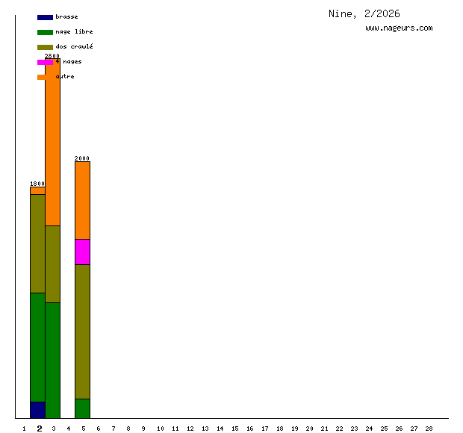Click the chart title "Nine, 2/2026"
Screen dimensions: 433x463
[x=364, y=13]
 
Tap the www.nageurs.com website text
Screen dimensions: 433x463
[x=399, y=28]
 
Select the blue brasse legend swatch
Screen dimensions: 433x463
[x=45, y=17]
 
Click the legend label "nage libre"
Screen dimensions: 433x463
[x=74, y=32]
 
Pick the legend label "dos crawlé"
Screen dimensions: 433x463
[x=74, y=47]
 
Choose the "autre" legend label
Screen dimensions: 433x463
[x=65, y=77]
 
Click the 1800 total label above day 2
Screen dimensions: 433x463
[x=37, y=184]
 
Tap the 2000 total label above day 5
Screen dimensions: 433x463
[x=82, y=158]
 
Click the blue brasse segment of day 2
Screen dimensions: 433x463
[x=37, y=410]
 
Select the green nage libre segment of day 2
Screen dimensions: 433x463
[x=37, y=347]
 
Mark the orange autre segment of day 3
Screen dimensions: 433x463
[x=52, y=142]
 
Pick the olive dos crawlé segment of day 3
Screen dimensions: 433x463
[x=52, y=264]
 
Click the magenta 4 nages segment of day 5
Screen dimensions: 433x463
[x=82, y=252]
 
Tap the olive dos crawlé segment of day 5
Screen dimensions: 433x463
[x=82, y=331]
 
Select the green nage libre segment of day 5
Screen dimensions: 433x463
[x=82, y=408]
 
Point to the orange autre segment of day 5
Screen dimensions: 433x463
[x=82, y=200]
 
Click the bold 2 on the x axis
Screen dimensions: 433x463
[x=40, y=429]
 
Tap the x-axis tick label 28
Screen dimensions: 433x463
[x=429, y=429]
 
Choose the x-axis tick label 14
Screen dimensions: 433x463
[x=220, y=429]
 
